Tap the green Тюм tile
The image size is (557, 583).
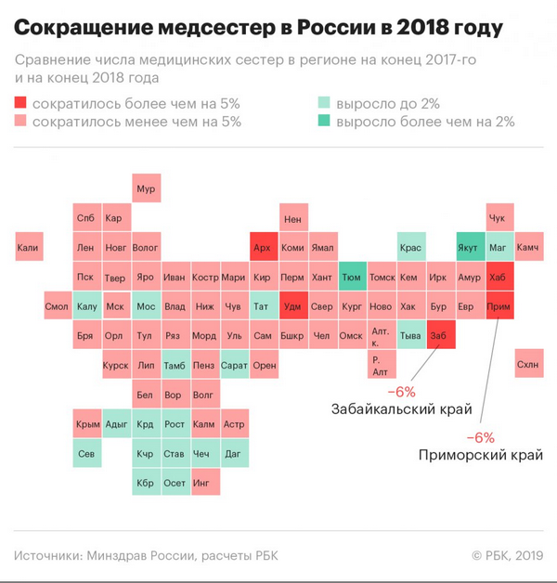(351, 277)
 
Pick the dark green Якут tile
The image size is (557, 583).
(468, 248)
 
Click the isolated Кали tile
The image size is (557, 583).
(29, 248)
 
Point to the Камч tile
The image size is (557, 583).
(526, 248)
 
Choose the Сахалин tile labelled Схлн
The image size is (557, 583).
(526, 365)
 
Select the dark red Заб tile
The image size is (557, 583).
(439, 335)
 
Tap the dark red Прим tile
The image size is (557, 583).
(498, 306)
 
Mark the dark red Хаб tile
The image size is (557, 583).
(498, 277)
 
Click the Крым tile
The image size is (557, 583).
(87, 423)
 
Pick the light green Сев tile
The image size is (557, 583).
(87, 453)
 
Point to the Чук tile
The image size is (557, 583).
(498, 219)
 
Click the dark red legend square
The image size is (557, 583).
(21, 104)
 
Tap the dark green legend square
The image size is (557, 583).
(325, 122)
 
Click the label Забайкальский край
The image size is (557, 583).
(401, 408)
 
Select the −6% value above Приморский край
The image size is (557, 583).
(479, 436)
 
